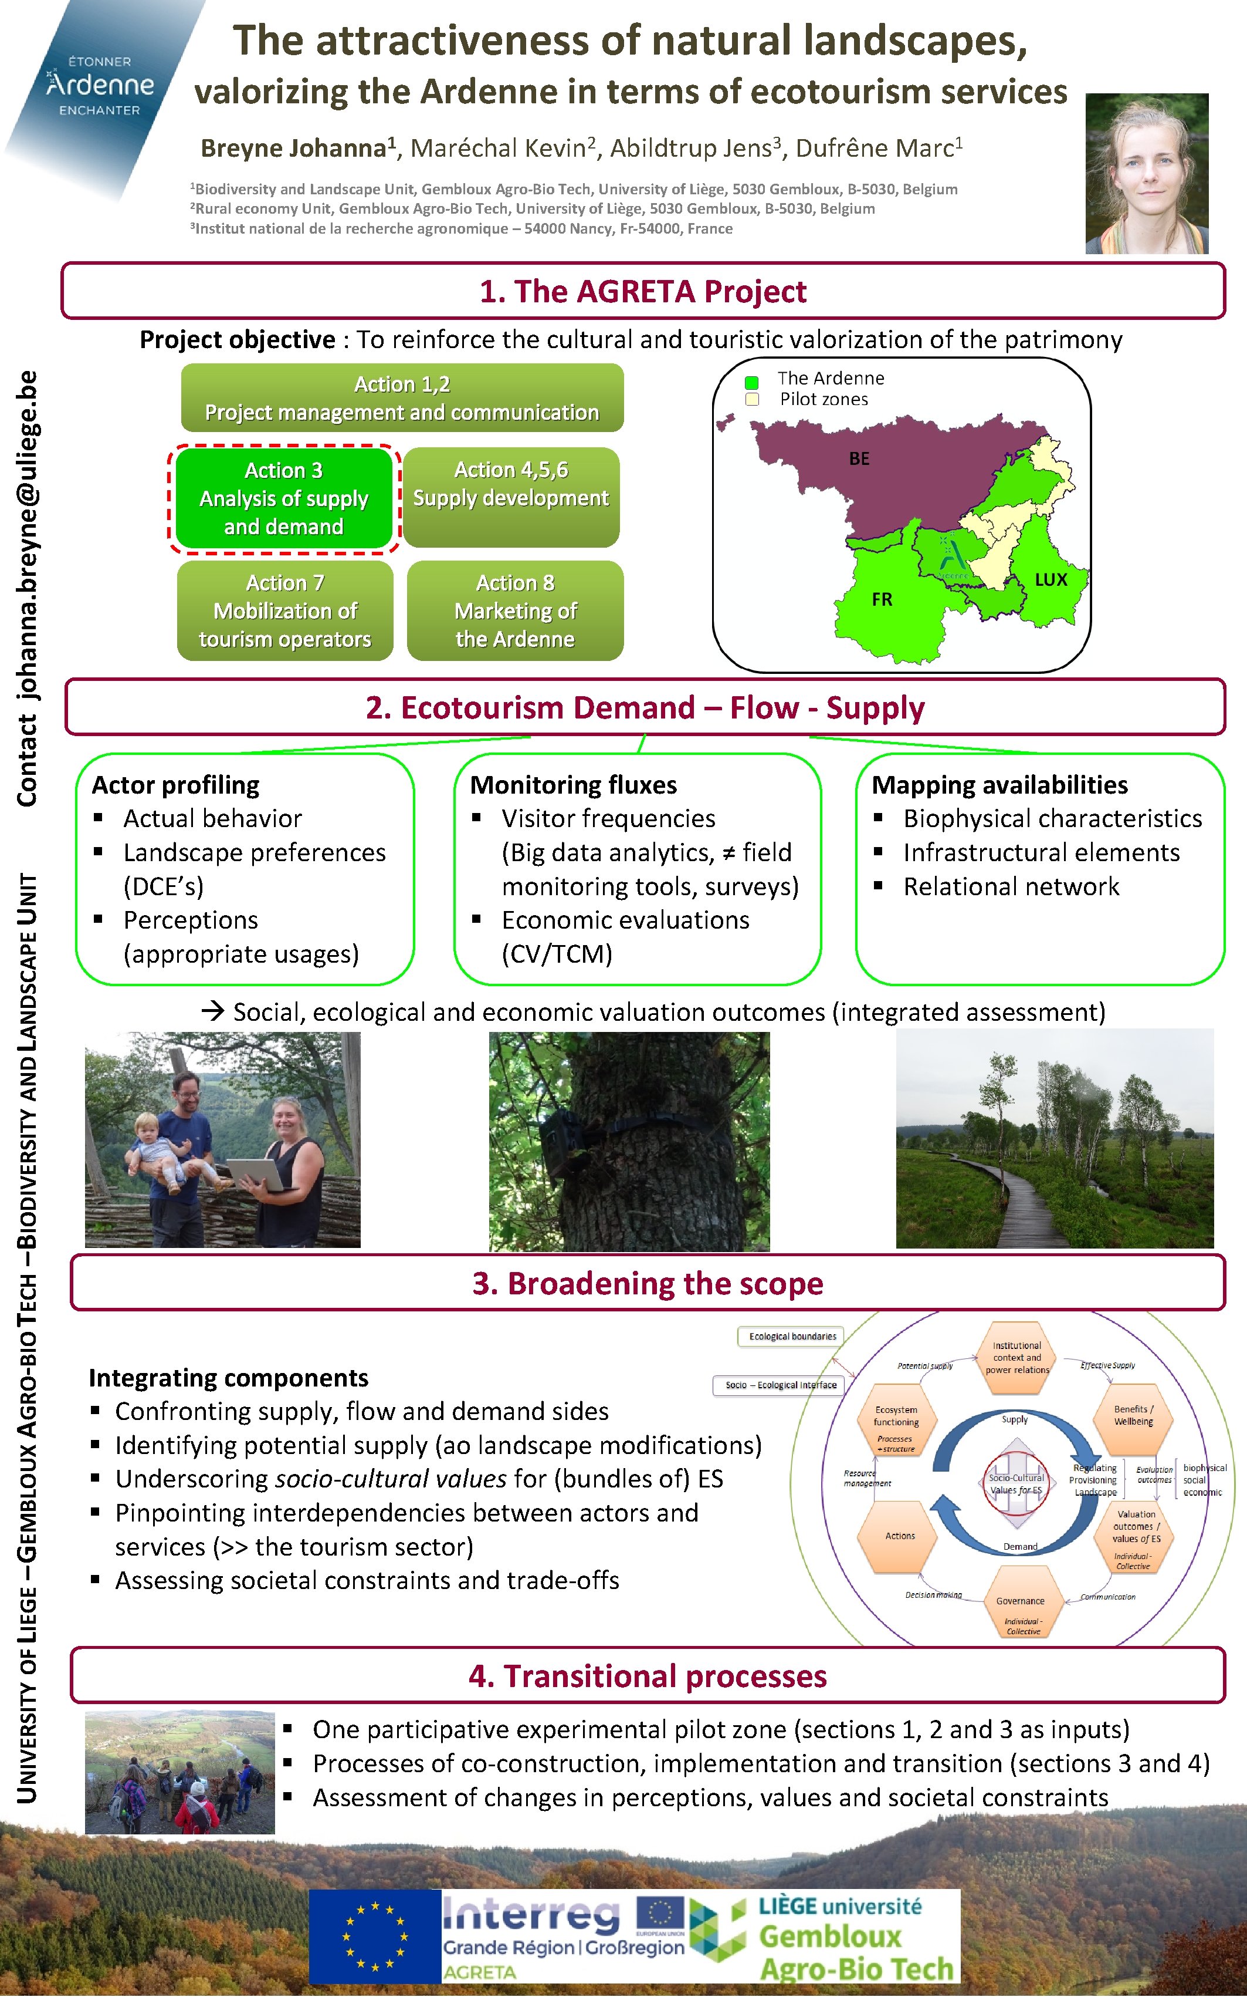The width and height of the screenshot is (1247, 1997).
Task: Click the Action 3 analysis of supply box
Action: pos(284,498)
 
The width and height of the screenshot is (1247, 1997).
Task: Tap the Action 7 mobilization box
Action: pos(284,610)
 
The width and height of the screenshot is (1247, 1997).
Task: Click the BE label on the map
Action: pos(859,459)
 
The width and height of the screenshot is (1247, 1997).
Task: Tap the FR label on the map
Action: pos(882,600)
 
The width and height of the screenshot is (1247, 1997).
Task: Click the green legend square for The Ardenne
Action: pos(751,383)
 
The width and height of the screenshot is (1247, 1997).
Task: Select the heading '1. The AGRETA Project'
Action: pos(643,291)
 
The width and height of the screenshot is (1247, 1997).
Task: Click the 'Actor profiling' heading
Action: pos(175,785)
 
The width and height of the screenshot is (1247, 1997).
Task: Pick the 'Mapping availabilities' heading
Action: pos(999,785)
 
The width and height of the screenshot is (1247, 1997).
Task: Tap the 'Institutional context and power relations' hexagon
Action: pos(1017,1358)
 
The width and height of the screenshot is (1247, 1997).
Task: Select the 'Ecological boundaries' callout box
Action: pos(792,1336)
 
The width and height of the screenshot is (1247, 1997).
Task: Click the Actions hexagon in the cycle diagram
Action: pos(900,1536)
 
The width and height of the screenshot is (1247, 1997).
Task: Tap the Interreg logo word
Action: pos(531,1916)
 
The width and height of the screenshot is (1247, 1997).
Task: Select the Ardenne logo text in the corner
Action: pos(100,85)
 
